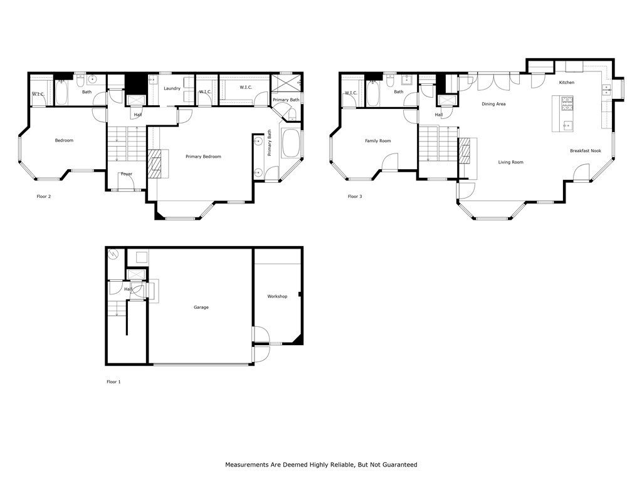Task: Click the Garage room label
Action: pyautogui.click(x=201, y=308)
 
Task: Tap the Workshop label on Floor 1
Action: pyautogui.click(x=277, y=296)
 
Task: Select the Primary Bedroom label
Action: pyautogui.click(x=203, y=157)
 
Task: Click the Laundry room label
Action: pyautogui.click(x=172, y=89)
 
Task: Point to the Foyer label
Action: pyautogui.click(x=127, y=174)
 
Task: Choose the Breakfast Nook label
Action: pyautogui.click(x=585, y=151)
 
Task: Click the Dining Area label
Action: pyautogui.click(x=493, y=104)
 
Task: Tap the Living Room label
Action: pyautogui.click(x=510, y=162)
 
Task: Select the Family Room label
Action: pyautogui.click(x=377, y=141)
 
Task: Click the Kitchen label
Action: pyautogui.click(x=566, y=83)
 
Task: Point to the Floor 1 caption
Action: pyautogui.click(x=113, y=381)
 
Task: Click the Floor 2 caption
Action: pyautogui.click(x=44, y=197)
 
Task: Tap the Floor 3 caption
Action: pyautogui.click(x=355, y=197)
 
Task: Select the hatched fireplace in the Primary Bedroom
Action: pyautogui.click(x=154, y=164)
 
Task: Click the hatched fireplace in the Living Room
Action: pyautogui.click(x=465, y=150)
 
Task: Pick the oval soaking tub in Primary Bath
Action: pyautogui.click(x=291, y=144)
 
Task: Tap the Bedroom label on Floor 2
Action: pyautogui.click(x=64, y=140)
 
